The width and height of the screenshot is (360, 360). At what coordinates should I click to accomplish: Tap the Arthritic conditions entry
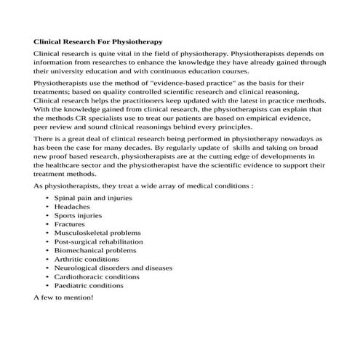click(x=87, y=259)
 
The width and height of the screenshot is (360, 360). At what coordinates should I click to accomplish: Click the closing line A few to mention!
click(x=63, y=297)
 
